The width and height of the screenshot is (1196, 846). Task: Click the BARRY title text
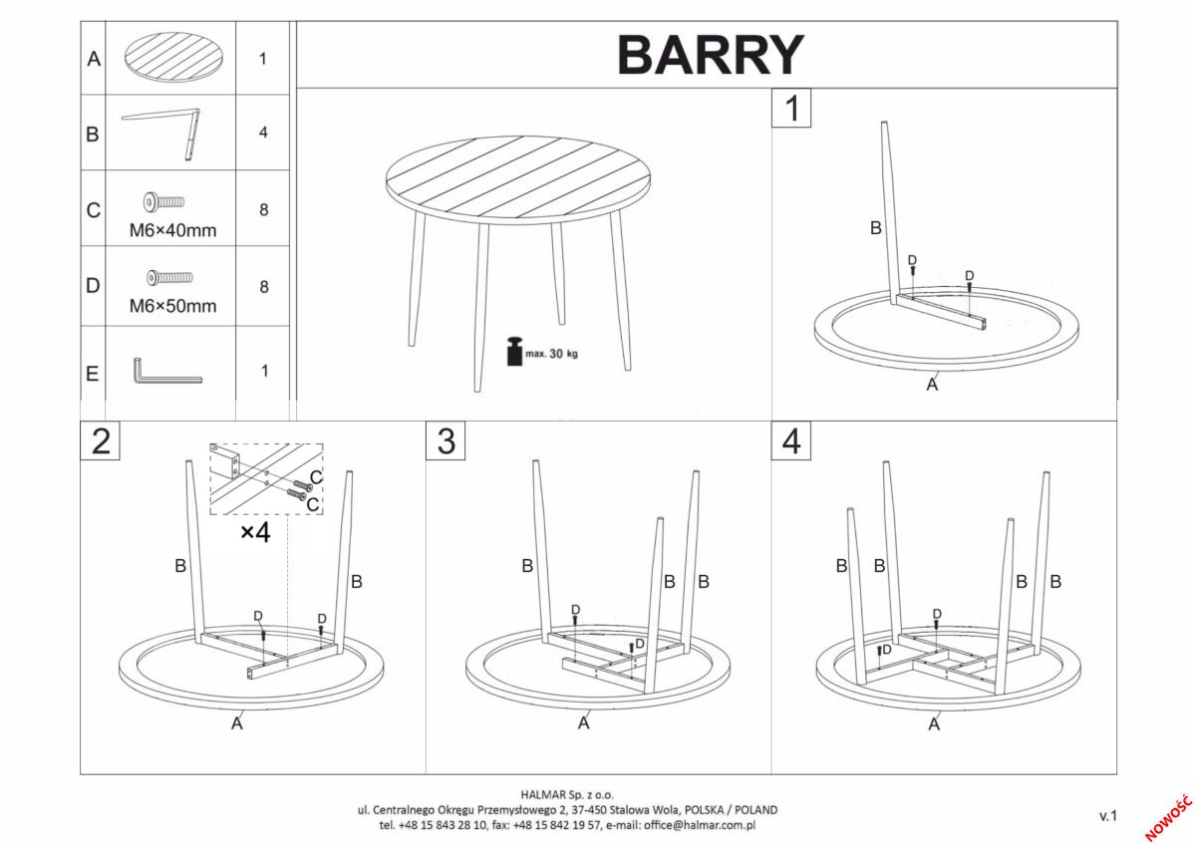coord(710,55)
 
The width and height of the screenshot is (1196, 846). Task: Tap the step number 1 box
coord(791,108)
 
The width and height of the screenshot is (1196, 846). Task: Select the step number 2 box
coord(100,440)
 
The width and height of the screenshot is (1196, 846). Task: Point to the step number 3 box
coord(446,440)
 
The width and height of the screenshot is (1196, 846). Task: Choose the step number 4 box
coord(790,440)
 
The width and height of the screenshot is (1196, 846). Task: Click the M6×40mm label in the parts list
coord(173,230)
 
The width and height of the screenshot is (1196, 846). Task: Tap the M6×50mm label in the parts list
coord(173,306)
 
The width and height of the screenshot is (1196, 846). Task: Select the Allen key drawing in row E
coord(166,371)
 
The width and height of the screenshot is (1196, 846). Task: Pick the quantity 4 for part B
coord(263,133)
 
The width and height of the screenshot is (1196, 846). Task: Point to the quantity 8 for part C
coord(264,210)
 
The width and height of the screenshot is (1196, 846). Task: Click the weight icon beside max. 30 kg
coord(514,351)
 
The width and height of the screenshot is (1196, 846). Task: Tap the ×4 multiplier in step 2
coord(255,532)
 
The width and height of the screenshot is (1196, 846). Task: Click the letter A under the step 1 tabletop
coord(932,384)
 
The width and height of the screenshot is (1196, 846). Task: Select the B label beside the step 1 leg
coord(876,228)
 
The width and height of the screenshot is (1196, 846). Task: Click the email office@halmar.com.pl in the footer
coord(700,825)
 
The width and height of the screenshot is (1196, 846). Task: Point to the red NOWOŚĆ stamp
coord(1168,819)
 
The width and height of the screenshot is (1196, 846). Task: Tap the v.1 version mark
coord(1108,815)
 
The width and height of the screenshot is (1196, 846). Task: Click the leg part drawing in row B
coord(160,134)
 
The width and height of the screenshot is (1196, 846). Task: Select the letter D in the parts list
coord(93,286)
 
